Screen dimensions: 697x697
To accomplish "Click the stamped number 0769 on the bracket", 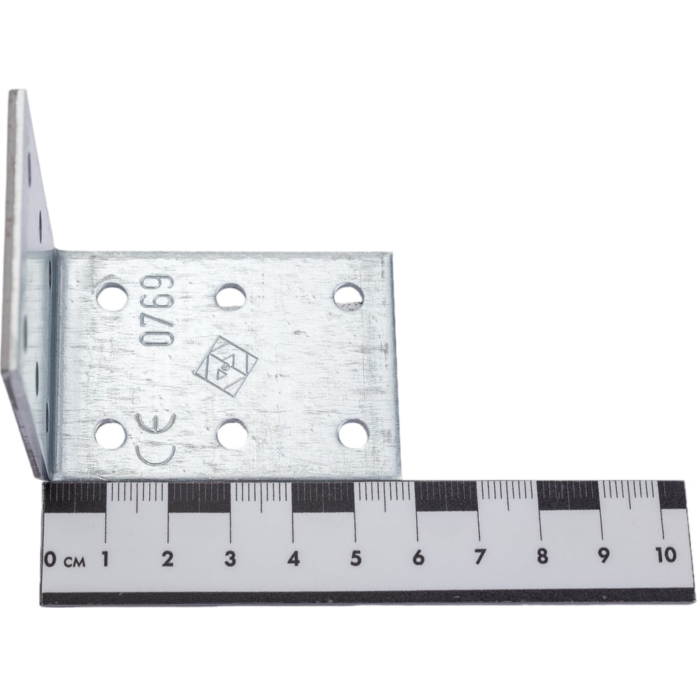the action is click(157, 310).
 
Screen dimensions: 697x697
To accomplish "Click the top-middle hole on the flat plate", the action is click(229, 295).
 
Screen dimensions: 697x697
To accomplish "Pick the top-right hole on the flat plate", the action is click(348, 295).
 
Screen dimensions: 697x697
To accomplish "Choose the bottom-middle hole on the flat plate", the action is click(231, 433).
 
